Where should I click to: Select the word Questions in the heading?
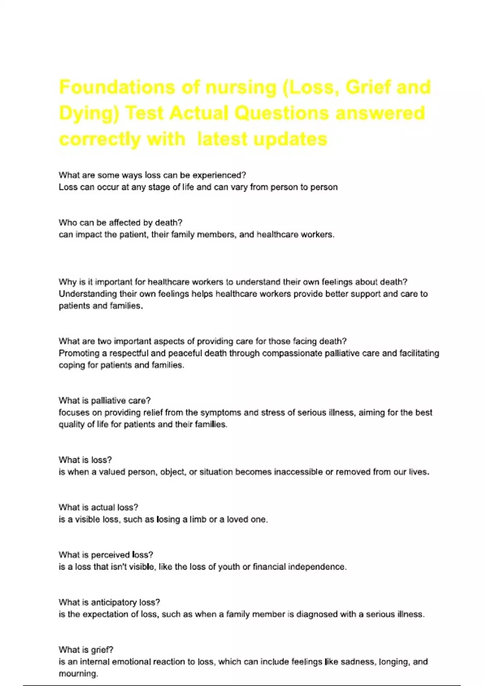click(282, 113)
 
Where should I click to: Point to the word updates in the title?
click(290, 139)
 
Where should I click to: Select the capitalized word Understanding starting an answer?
click(88, 294)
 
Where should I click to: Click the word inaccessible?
click(298, 472)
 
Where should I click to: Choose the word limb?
click(198, 519)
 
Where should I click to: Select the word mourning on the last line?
click(78, 673)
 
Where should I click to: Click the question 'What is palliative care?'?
click(104, 401)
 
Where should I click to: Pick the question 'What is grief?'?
click(86, 650)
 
